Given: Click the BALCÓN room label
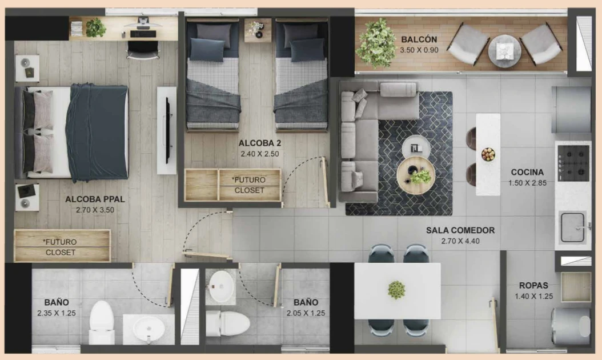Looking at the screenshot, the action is click(x=419, y=39).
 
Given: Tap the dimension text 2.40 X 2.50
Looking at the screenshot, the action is click(x=259, y=154).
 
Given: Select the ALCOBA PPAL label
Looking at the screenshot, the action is click(x=95, y=199).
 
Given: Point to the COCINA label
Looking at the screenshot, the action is click(x=527, y=172).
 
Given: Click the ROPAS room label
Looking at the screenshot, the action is click(x=533, y=286).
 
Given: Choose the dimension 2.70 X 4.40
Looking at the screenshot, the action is click(x=460, y=241).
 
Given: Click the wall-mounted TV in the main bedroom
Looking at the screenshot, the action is click(x=167, y=131).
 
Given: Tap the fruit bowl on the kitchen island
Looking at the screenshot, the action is click(x=488, y=154).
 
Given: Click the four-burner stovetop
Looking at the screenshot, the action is click(x=573, y=163).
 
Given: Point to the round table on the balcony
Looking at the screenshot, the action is click(x=504, y=51).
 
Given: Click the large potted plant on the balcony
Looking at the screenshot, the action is click(x=376, y=43).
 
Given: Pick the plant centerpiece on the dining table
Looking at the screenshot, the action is click(x=396, y=290).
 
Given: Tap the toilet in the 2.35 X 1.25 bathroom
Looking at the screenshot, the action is click(x=102, y=322).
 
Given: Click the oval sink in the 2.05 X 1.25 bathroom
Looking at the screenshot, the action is click(x=221, y=286).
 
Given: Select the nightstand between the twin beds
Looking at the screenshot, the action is click(x=258, y=30).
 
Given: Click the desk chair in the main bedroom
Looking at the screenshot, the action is click(x=143, y=50).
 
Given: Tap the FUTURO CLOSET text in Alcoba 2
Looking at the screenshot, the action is click(x=250, y=185).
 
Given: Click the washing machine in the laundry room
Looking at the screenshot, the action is click(x=571, y=326).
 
